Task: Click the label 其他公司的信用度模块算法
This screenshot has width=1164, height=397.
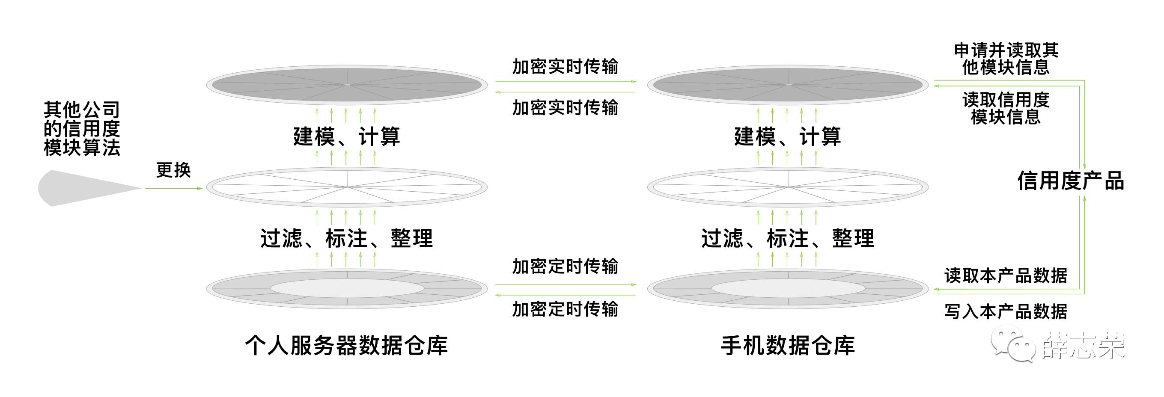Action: (82, 129)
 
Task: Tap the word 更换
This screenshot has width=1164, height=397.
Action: (173, 170)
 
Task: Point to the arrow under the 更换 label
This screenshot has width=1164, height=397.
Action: (173, 188)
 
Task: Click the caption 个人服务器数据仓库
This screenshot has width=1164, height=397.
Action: (346, 346)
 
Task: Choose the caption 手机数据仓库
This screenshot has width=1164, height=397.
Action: (788, 346)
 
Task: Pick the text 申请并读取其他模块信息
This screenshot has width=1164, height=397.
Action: (1006, 59)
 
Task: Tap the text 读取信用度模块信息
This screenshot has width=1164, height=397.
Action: (1006, 108)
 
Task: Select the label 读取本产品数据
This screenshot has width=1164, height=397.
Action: (1006, 276)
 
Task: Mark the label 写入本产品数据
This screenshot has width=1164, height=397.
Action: (1006, 311)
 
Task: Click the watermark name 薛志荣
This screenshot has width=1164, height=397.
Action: (1083, 347)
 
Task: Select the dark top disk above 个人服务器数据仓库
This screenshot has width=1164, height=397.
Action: (347, 85)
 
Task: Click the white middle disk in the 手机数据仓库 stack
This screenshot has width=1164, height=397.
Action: (788, 187)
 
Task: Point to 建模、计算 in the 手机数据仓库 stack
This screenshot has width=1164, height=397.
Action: (788, 136)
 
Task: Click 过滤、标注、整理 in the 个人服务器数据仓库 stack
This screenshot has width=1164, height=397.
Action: (347, 238)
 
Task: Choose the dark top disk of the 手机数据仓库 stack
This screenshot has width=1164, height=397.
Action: (788, 85)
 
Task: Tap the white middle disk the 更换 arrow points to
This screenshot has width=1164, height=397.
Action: (347, 187)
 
